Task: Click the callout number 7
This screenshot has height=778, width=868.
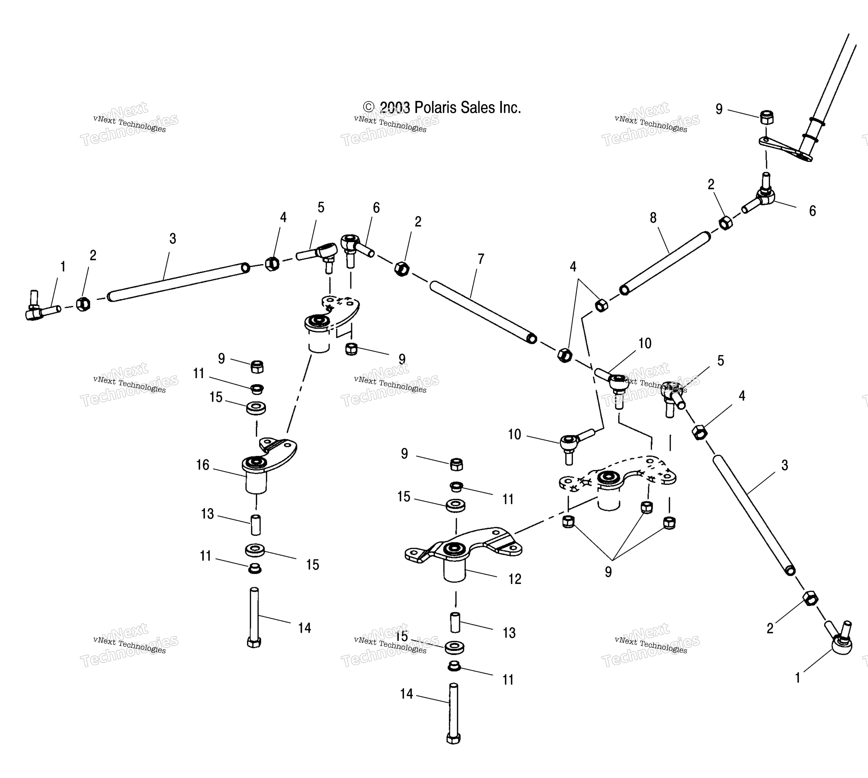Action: coord(481,259)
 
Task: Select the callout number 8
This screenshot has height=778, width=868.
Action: coord(653,218)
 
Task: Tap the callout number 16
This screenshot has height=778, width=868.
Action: coord(203,465)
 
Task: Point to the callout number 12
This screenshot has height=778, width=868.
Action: coord(515,579)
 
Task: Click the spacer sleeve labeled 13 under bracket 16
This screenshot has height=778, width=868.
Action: coord(255,525)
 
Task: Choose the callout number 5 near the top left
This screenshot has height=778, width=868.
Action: coord(321,208)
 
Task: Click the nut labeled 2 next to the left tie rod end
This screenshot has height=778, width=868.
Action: coord(83,304)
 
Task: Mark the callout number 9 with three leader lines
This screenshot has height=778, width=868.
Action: coord(608,572)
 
